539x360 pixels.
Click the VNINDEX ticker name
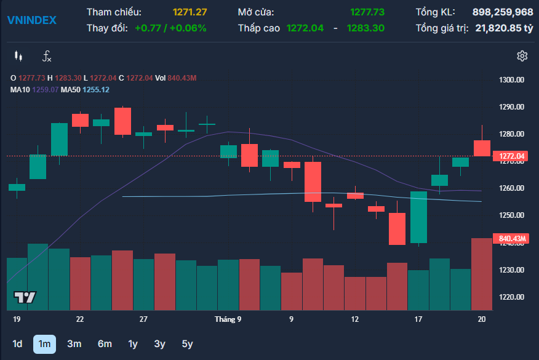[x=31, y=20]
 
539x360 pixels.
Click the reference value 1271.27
[x=190, y=12]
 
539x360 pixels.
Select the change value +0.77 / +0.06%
[x=170, y=28]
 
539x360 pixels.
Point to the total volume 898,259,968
[x=503, y=12]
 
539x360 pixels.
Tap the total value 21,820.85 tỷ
[x=505, y=28]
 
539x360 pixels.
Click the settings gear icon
[x=522, y=56]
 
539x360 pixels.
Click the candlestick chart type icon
[x=18, y=56]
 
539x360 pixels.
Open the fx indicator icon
[x=47, y=56]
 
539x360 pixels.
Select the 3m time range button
[x=74, y=344]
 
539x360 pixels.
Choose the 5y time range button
[x=187, y=344]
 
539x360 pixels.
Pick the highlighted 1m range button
[x=44, y=344]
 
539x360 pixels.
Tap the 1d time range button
[x=17, y=344]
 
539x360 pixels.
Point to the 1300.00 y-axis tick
[x=511, y=80]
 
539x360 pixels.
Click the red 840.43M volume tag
[x=511, y=239]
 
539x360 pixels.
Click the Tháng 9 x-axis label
[x=228, y=319]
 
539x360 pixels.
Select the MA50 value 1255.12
[x=96, y=90]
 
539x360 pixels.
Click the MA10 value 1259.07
[x=46, y=90]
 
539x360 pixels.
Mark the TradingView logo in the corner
[x=25, y=297]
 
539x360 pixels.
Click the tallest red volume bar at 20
[x=482, y=274]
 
